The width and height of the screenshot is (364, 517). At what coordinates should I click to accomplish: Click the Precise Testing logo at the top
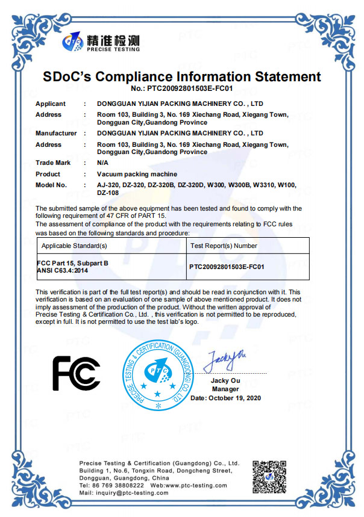(101, 42)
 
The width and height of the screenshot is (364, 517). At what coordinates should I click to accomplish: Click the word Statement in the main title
(281, 77)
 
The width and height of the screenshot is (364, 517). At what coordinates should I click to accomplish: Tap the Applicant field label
(51, 104)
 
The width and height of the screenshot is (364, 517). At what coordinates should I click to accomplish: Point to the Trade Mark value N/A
(102, 163)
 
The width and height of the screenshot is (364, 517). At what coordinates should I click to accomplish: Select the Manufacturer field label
(56, 133)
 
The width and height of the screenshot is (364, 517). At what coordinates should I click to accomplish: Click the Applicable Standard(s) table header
(74, 246)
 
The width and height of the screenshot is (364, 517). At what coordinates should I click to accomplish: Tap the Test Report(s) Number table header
(224, 246)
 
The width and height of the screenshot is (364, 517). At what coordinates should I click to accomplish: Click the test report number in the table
(227, 265)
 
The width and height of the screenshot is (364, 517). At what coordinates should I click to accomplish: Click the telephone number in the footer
(111, 485)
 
